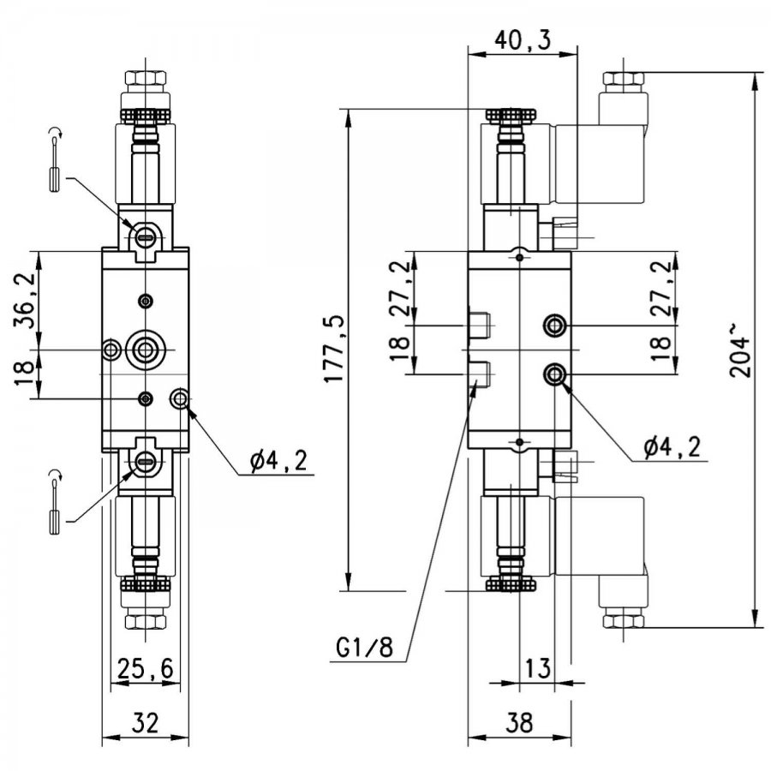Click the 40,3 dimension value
pyautogui.click(x=523, y=39)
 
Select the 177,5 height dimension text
pyautogui.click(x=334, y=350)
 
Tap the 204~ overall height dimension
pyautogui.click(x=740, y=350)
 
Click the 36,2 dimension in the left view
pyautogui.click(x=25, y=300)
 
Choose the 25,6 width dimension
pyautogui.click(x=146, y=668)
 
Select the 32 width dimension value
pyautogui.click(x=146, y=723)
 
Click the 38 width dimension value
pyautogui.click(x=519, y=723)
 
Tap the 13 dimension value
pyautogui.click(x=539, y=668)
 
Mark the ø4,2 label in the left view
pyautogui.click(x=278, y=461)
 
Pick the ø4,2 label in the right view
pyautogui.click(x=672, y=447)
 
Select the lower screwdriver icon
pyautogui.click(x=55, y=501)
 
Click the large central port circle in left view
pyautogui.click(x=145, y=350)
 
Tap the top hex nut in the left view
pyautogui.click(x=146, y=78)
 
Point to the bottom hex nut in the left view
pyautogui.click(x=146, y=622)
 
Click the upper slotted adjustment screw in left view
pyautogui.click(x=146, y=238)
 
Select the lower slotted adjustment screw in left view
pyautogui.click(x=146, y=461)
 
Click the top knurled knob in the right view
pyautogui.click(x=511, y=116)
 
